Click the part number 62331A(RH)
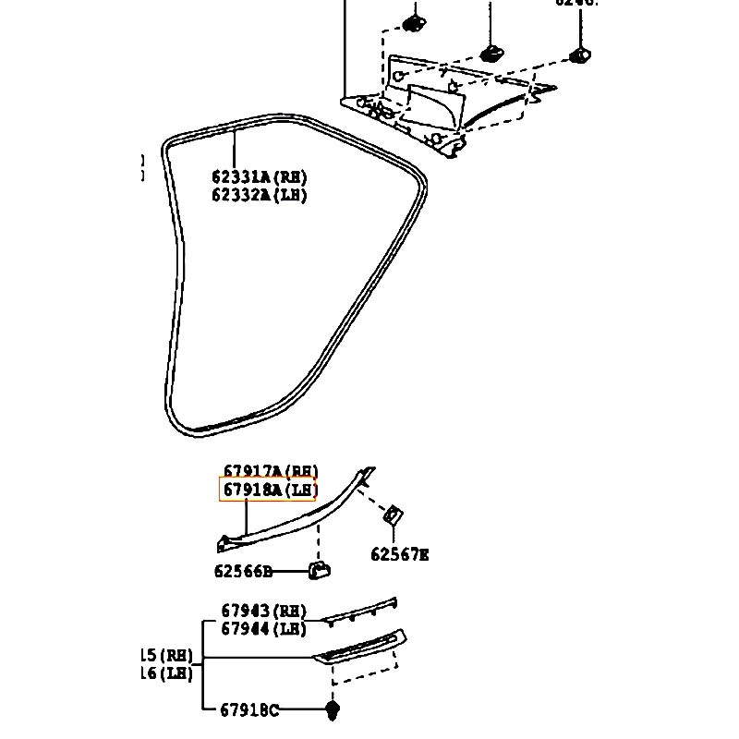click(259, 177)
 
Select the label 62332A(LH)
click(259, 195)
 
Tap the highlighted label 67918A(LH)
click(268, 491)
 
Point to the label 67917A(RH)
click(270, 471)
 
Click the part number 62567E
click(400, 554)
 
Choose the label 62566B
click(244, 572)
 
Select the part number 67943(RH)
click(263, 611)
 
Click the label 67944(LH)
click(263, 628)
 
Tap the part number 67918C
click(249, 709)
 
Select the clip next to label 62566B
click(320, 571)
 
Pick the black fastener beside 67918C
click(332, 710)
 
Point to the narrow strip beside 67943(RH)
click(360, 611)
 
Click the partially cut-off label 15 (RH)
click(166, 655)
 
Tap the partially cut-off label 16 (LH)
click(166, 673)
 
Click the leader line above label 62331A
click(236, 148)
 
